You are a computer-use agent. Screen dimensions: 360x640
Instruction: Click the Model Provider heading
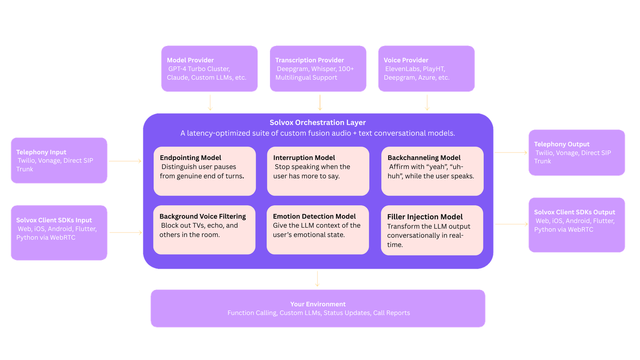tap(190, 60)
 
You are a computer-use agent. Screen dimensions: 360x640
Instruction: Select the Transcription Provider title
tap(309, 60)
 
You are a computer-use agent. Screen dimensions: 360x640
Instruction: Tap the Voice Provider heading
tap(406, 60)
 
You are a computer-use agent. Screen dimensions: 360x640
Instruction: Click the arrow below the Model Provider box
tap(210, 102)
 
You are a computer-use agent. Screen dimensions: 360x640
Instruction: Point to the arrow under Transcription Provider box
tap(320, 102)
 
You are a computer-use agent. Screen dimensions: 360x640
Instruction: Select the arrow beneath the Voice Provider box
tap(427, 102)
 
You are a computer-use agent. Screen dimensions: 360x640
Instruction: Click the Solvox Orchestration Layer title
tap(318, 122)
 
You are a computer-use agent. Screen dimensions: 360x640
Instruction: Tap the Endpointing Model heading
tap(190, 158)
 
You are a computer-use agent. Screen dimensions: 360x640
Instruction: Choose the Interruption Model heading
tap(304, 158)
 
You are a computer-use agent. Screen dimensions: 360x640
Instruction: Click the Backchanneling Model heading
tap(424, 158)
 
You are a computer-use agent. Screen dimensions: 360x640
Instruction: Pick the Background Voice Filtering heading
tap(202, 216)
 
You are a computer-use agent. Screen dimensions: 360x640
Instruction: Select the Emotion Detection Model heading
tap(314, 216)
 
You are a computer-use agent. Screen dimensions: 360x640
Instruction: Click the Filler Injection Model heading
tap(425, 217)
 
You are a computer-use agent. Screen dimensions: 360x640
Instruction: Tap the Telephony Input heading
tap(41, 152)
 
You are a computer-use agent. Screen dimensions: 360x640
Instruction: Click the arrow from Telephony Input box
tap(125, 161)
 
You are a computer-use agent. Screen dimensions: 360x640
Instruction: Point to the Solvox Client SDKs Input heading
tap(54, 220)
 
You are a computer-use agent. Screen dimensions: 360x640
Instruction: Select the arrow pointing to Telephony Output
tap(511, 152)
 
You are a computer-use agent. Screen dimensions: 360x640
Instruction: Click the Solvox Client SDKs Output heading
tap(574, 212)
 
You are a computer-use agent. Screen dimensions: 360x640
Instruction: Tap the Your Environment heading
tap(318, 304)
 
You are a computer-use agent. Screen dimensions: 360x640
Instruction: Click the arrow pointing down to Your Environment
tap(317, 279)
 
